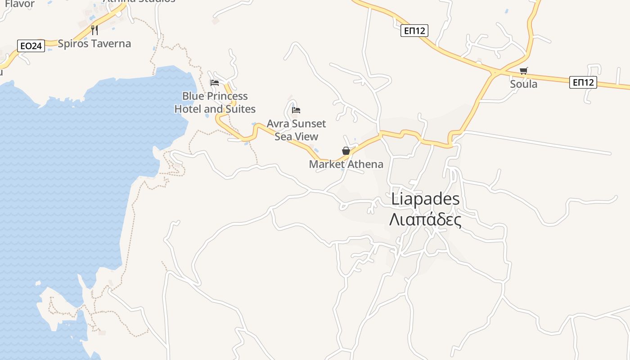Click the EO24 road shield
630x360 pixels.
click(31, 45)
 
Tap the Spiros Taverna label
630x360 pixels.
click(94, 44)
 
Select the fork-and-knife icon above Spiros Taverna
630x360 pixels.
click(94, 30)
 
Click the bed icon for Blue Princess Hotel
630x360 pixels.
click(215, 83)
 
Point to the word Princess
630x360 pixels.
click(228, 96)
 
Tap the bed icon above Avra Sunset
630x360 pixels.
click(296, 110)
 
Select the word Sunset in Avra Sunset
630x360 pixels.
click(309, 124)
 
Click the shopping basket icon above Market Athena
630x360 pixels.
click(346, 151)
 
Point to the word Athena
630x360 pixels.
click(365, 164)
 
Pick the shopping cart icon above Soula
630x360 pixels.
click(523, 71)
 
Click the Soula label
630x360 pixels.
click(523, 84)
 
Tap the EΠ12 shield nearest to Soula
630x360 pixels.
click(583, 82)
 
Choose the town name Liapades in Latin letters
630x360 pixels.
click(425, 199)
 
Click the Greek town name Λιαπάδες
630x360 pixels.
click(425, 220)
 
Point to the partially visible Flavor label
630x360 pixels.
click(20, 4)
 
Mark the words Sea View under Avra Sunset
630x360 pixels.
click(296, 136)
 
